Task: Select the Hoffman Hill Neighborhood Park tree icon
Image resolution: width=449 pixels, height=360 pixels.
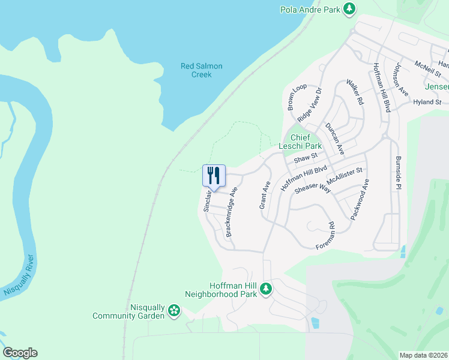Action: pyautogui.click(x=266, y=289)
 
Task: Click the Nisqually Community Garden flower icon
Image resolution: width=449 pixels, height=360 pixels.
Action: pyautogui.click(x=173, y=310)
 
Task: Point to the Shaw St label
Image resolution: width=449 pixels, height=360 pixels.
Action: pyautogui.click(x=305, y=158)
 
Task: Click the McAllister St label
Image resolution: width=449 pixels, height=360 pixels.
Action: pyautogui.click(x=345, y=178)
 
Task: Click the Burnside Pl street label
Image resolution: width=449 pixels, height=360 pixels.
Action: pyautogui.click(x=397, y=173)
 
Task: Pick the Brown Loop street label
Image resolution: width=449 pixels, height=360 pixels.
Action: pyautogui.click(x=297, y=98)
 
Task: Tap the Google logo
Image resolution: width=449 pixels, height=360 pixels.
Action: pyautogui.click(x=20, y=353)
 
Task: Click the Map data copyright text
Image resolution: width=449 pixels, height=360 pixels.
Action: pyautogui.click(x=423, y=355)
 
